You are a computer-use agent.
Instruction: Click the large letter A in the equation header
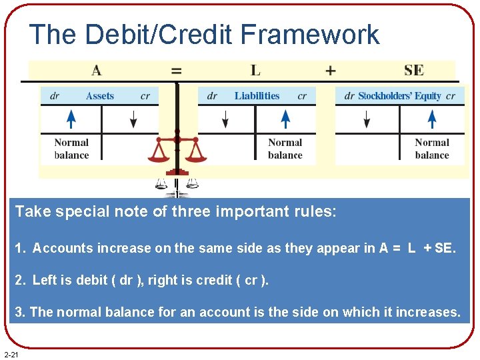pyautogui.click(x=97, y=70)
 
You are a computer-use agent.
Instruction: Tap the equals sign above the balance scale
pyautogui.click(x=177, y=70)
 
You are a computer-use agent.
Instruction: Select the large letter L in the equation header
pyautogui.click(x=255, y=70)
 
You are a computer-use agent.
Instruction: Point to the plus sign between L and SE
pyautogui.click(x=330, y=70)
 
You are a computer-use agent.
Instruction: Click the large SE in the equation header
pyautogui.click(x=413, y=70)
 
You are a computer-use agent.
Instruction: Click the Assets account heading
pyautogui.click(x=100, y=96)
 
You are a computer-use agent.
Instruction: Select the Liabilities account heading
pyautogui.click(x=257, y=96)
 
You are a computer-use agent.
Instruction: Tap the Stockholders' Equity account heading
pyautogui.click(x=400, y=96)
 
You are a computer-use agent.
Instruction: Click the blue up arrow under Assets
pyautogui.click(x=71, y=119)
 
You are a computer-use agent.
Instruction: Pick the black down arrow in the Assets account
pyautogui.click(x=133, y=119)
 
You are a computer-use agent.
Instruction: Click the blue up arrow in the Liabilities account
pyautogui.click(x=285, y=119)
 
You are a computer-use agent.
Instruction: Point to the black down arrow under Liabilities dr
pyautogui.click(x=225, y=119)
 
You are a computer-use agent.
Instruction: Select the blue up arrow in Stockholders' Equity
pyautogui.click(x=432, y=119)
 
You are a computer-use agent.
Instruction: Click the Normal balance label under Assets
pyautogui.click(x=71, y=149)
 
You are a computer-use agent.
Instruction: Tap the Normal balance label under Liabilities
pyautogui.click(x=285, y=149)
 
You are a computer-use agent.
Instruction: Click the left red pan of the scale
pyautogui.click(x=159, y=155)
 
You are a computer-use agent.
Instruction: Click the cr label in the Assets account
pyautogui.click(x=145, y=96)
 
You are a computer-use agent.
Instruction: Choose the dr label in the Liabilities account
pyautogui.click(x=212, y=96)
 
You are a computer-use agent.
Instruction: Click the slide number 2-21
pyautogui.click(x=11, y=353)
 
